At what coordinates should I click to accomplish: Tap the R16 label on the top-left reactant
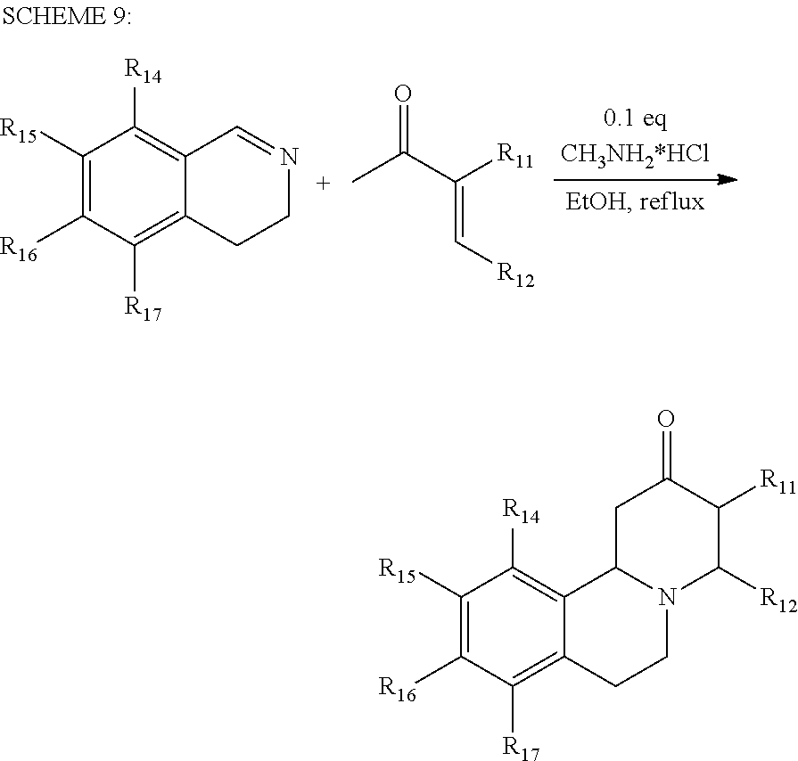[x=19, y=247]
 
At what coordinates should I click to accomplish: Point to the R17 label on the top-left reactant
[x=143, y=309]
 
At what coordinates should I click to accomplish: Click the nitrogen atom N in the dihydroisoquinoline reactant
[x=286, y=158]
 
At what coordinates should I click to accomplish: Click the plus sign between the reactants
[x=323, y=184]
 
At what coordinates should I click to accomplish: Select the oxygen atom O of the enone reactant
[x=402, y=94]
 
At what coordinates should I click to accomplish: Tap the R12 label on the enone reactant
[x=514, y=277]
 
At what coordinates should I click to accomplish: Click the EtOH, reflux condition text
[x=635, y=201]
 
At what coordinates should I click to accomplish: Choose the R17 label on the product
[x=522, y=745]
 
